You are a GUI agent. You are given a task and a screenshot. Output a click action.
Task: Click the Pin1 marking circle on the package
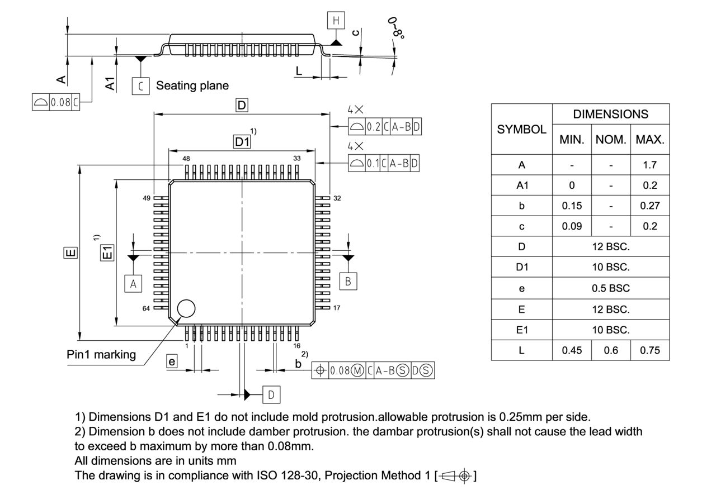pyautogui.click(x=186, y=308)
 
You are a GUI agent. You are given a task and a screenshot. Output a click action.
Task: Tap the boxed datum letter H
pyautogui.click(x=336, y=21)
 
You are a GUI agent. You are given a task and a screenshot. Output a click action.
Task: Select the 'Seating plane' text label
pyautogui.click(x=192, y=85)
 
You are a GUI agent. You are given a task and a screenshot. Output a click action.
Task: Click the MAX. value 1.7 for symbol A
pyautogui.click(x=649, y=165)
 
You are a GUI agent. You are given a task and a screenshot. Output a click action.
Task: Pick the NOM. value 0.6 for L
pyautogui.click(x=611, y=350)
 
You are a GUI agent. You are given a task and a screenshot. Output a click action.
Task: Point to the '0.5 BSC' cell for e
pyautogui.click(x=611, y=288)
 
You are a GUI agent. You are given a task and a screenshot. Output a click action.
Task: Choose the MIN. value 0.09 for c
pyautogui.click(x=572, y=226)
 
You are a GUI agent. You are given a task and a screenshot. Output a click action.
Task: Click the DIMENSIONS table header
pyautogui.click(x=611, y=114)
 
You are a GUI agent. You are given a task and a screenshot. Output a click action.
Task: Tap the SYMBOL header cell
pyautogui.click(x=521, y=129)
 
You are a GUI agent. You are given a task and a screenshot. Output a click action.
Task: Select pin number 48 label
pyautogui.click(x=186, y=159)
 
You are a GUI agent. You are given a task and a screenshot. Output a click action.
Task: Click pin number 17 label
pyautogui.click(x=337, y=308)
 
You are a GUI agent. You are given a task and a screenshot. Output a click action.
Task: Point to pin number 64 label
pyautogui.click(x=146, y=308)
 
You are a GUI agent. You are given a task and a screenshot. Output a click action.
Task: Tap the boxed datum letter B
pyautogui.click(x=348, y=281)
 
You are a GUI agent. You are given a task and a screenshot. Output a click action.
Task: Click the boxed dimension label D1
pyautogui.click(x=242, y=142)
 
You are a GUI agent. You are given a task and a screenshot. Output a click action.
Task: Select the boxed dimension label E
pyautogui.click(x=70, y=253)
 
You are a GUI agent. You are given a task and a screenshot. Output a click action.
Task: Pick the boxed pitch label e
pyautogui.click(x=172, y=362)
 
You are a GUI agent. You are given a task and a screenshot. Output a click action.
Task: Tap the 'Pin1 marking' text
pyautogui.click(x=101, y=355)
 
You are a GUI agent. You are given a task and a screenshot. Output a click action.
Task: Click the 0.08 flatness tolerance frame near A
pyautogui.click(x=56, y=103)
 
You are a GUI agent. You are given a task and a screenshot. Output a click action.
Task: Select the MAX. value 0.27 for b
pyautogui.click(x=649, y=206)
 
